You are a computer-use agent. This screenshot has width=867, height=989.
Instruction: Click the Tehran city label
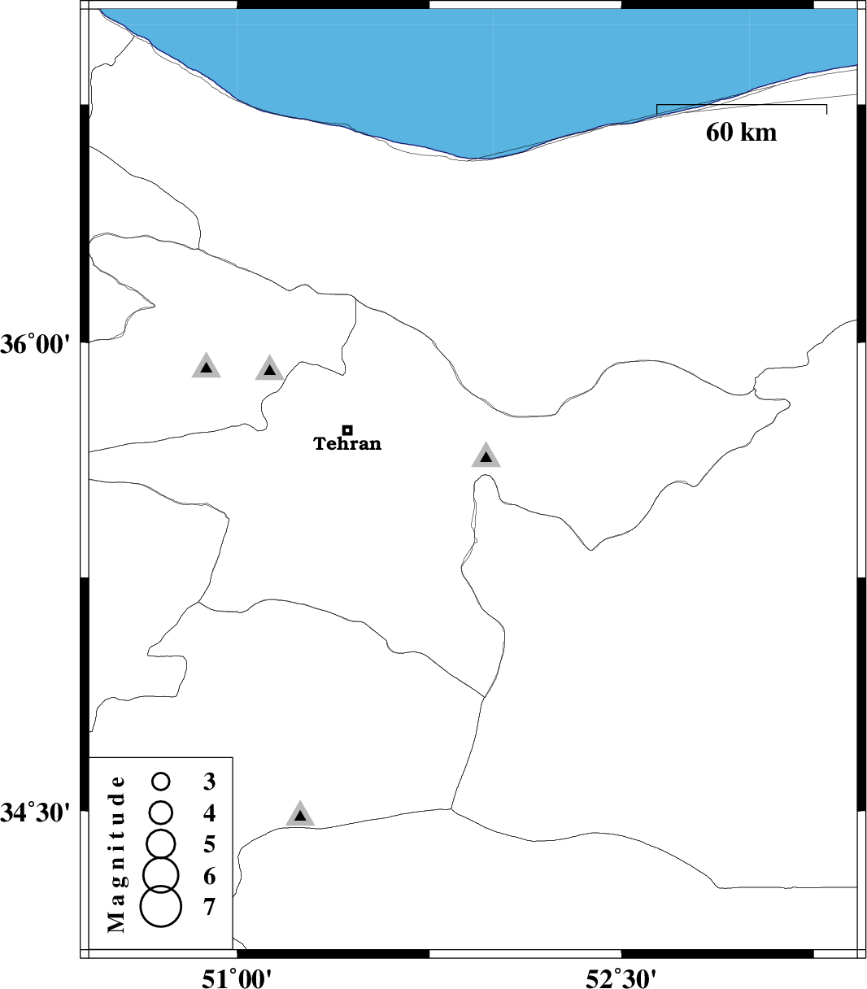tap(347, 444)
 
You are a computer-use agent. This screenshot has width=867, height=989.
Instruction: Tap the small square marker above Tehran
tap(347, 429)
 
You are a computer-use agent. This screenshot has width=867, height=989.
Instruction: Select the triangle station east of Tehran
tap(486, 456)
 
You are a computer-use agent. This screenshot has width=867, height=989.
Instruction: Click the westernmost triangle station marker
tap(207, 368)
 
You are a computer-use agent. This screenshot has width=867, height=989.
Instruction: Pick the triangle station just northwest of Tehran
tap(269, 369)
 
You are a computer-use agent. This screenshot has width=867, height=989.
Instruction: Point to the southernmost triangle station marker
tap(300, 814)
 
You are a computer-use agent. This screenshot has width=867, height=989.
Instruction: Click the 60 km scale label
tap(741, 132)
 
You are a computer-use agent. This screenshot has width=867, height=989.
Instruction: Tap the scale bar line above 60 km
tap(741, 105)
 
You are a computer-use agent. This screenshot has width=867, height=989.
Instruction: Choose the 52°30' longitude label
tap(621, 975)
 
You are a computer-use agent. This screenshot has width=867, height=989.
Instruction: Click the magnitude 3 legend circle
tap(161, 782)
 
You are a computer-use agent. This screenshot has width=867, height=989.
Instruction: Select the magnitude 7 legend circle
tap(160, 906)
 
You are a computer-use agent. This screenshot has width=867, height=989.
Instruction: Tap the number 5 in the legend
tap(210, 844)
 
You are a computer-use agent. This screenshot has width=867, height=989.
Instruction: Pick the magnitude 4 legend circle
tap(161, 811)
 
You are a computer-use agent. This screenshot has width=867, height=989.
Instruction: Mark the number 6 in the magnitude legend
tap(210, 876)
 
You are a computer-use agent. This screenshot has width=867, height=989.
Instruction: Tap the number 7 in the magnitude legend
tap(210, 906)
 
